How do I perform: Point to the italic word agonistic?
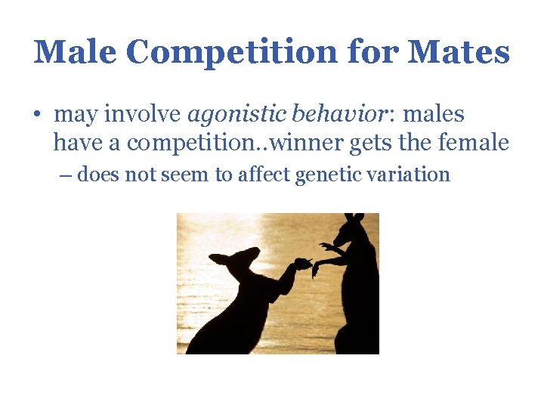click(x=233, y=116)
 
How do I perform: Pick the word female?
click(x=478, y=143)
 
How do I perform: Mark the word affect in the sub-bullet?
click(x=264, y=175)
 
